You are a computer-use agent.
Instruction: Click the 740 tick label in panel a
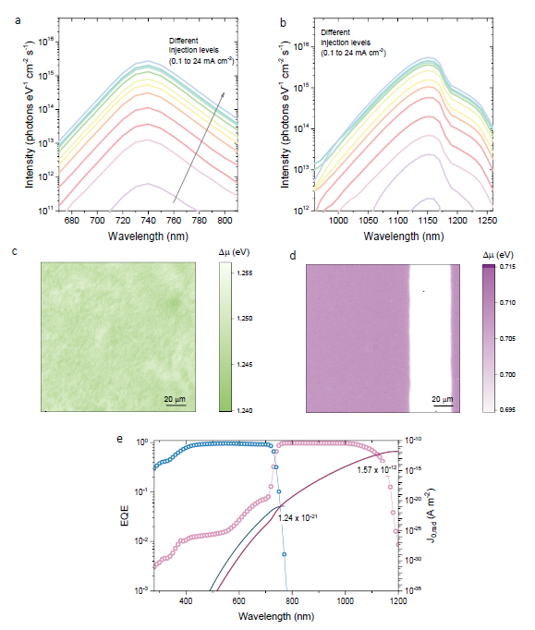click(149, 220)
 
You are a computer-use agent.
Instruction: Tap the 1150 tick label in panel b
click(428, 220)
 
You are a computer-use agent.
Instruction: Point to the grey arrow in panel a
click(199, 148)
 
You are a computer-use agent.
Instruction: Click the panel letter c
click(15, 251)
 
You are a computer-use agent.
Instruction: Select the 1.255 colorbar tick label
click(244, 273)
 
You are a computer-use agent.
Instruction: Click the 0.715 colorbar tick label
click(507, 266)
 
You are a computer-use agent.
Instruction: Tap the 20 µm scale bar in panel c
click(176, 405)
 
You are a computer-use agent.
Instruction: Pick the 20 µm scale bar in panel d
click(444, 406)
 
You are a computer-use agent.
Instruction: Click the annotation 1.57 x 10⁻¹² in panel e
click(377, 469)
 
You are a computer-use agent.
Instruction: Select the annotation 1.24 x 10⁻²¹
click(298, 517)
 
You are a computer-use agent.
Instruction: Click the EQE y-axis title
click(125, 515)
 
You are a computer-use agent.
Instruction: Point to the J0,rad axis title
click(431, 515)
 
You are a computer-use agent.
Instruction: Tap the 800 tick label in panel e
click(292, 601)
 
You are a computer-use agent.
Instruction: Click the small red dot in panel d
click(424, 291)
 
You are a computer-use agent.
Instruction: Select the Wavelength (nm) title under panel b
click(404, 236)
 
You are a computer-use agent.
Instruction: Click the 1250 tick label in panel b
click(489, 220)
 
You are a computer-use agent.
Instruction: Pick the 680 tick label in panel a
click(72, 220)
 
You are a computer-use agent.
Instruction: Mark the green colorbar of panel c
click(225, 337)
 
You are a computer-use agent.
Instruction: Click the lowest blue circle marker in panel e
click(285, 554)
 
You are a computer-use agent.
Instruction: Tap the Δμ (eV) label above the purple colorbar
click(498, 255)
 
